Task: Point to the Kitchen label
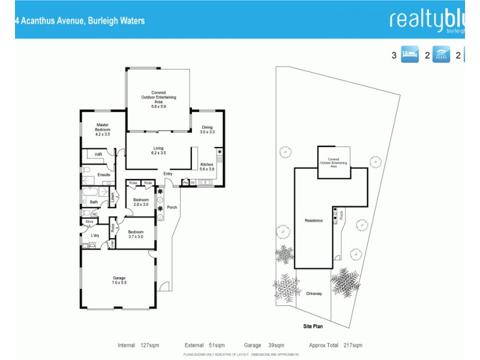point(206,167)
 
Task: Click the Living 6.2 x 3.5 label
point(158,151)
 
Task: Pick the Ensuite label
point(104,175)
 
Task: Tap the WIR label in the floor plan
point(98,154)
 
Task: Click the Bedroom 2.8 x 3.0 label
point(140,202)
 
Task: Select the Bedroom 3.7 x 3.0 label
point(135,234)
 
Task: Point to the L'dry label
point(95,235)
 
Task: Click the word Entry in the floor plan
point(167,174)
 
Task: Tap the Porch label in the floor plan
point(172,208)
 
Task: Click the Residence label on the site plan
point(314,220)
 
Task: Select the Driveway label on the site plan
point(314,293)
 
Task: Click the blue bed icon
point(409,55)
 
